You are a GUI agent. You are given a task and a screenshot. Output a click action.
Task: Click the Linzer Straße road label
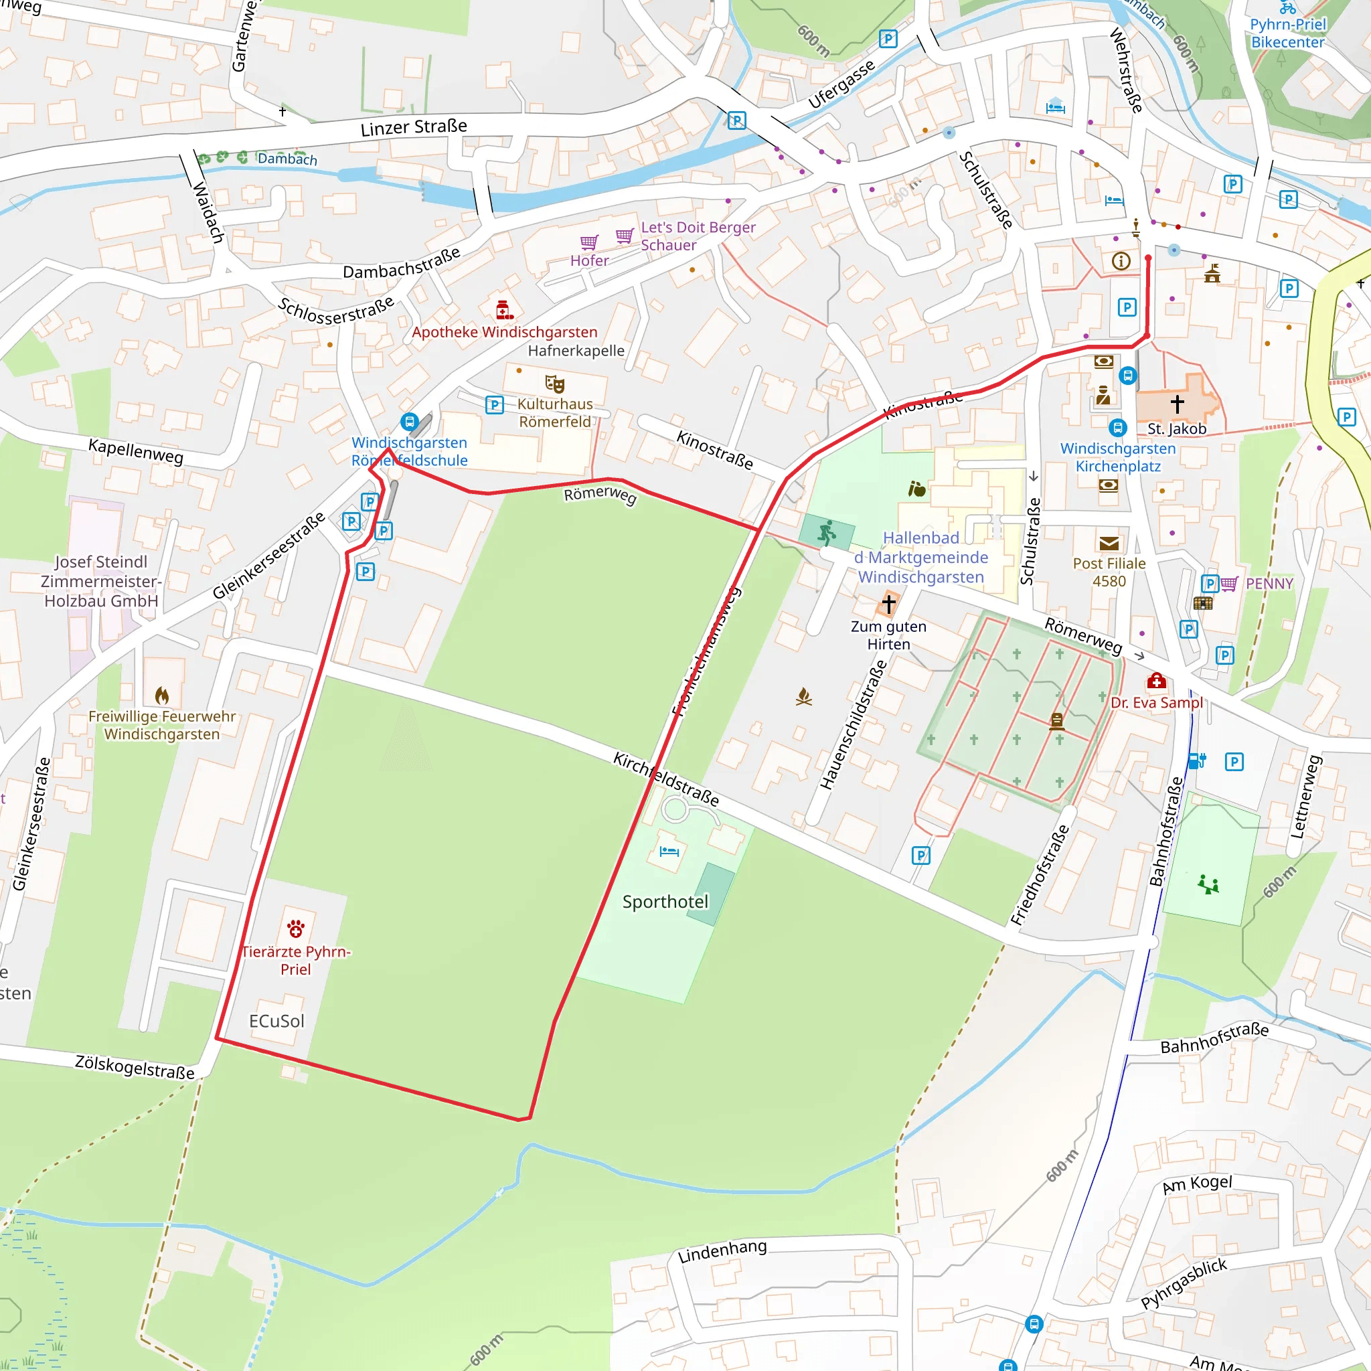(414, 127)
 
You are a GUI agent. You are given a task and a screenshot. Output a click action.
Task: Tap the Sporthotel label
(665, 902)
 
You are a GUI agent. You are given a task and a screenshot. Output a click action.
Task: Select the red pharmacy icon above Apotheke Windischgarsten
(504, 310)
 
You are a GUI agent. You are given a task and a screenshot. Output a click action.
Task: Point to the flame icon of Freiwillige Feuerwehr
(162, 696)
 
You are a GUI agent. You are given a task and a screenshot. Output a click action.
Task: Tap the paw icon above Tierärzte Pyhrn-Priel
(296, 929)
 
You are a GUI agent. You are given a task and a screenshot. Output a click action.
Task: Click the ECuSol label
(276, 1021)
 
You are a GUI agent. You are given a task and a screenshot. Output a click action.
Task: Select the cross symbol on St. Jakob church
(1178, 404)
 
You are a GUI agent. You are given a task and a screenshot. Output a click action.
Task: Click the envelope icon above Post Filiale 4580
(1109, 544)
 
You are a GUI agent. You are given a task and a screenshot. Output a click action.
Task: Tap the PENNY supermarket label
(1269, 583)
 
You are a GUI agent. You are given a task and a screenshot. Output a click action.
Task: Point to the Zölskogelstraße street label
(135, 1067)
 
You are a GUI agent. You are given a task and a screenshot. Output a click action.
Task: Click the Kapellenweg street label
(135, 451)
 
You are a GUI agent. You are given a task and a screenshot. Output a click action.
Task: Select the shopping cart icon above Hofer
(589, 243)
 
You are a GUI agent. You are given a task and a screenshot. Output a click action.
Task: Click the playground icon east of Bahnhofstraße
(1208, 884)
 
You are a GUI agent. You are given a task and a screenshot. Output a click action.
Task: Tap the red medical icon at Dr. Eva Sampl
(1157, 681)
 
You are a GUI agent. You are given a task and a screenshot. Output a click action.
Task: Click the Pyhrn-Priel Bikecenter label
(1287, 33)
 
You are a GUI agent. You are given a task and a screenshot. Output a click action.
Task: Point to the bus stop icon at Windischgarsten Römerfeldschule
(409, 422)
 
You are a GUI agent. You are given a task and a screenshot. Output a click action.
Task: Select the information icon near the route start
(1121, 261)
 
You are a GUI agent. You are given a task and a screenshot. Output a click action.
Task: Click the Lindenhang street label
(722, 1252)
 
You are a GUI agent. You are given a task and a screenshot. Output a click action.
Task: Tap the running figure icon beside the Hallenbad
(827, 532)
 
